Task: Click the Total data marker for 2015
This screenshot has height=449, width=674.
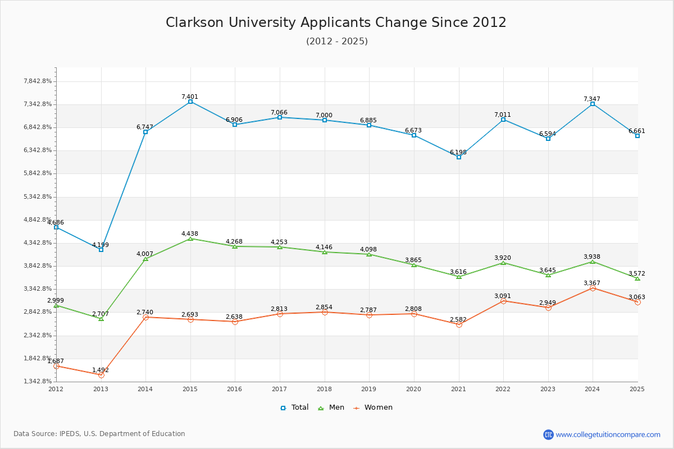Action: point(190,102)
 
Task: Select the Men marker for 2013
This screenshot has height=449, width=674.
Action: point(101,319)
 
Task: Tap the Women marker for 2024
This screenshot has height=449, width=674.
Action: point(593,288)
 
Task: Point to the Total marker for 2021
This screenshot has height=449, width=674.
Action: point(459,157)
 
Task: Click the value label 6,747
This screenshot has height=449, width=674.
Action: point(145,127)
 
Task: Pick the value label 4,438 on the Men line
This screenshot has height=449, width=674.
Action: point(190,233)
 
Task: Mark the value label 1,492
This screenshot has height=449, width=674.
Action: point(101,370)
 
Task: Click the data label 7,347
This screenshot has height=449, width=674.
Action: point(592,99)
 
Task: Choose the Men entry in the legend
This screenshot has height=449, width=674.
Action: point(331,407)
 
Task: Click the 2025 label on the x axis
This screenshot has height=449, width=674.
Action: point(637,388)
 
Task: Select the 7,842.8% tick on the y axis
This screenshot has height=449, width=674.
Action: point(38,81)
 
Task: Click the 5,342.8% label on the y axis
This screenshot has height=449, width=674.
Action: point(38,196)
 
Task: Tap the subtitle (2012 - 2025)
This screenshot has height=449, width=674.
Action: point(336,41)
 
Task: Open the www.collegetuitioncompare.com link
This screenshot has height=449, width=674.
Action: point(608,434)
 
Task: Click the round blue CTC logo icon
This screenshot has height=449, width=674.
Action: point(548,434)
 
